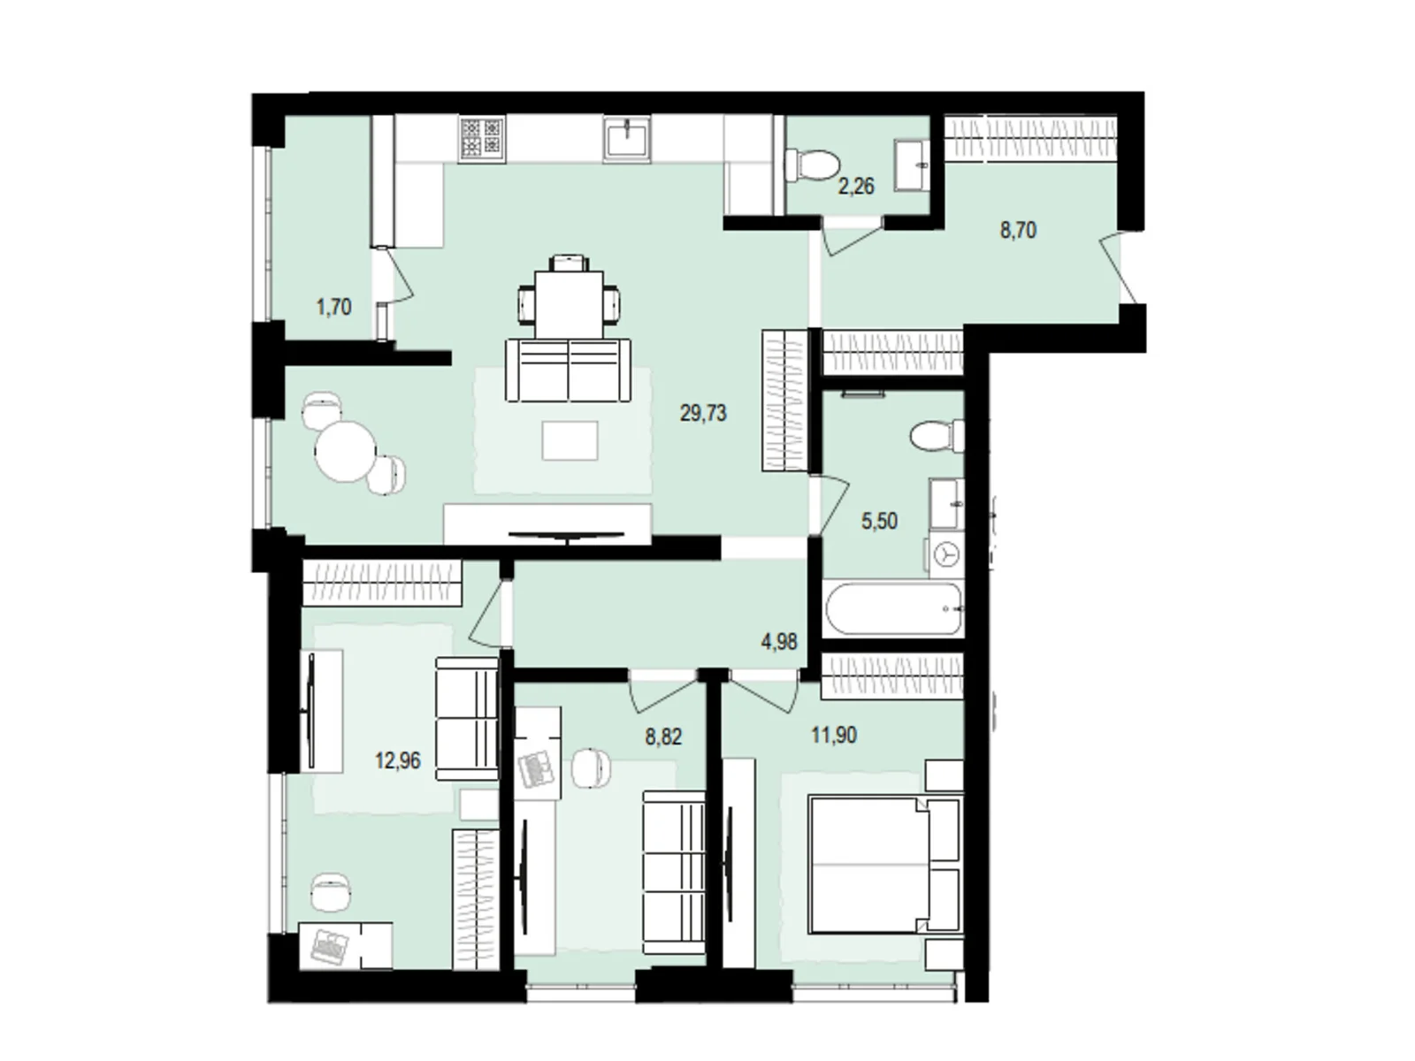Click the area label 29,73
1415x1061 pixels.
click(x=703, y=413)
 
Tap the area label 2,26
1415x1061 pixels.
click(x=856, y=186)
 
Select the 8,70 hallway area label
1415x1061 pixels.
click(x=1018, y=231)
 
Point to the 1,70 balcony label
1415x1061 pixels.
click(x=333, y=308)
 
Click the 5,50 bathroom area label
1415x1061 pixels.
click(x=879, y=521)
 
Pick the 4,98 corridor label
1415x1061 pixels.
click(x=779, y=642)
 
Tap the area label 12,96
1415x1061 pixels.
click(x=398, y=760)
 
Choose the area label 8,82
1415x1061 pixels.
click(x=663, y=737)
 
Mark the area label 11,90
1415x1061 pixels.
click(x=834, y=735)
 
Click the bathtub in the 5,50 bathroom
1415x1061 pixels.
click(x=892, y=608)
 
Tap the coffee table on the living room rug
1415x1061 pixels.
click(x=570, y=440)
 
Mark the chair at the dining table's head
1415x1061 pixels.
click(x=569, y=263)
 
